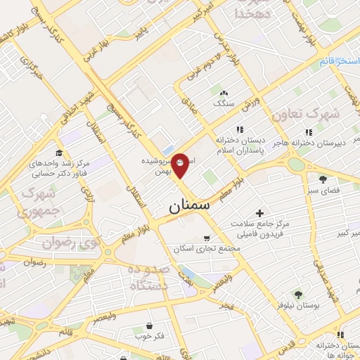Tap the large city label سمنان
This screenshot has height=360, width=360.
(x=190, y=207)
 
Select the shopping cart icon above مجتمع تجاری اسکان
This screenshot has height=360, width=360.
(x=205, y=238)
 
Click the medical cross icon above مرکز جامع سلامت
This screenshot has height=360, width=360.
(x=259, y=212)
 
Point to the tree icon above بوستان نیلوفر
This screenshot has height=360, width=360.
(x=298, y=294)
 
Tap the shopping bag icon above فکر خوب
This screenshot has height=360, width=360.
(x=150, y=326)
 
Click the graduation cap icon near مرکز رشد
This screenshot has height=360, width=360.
(x=59, y=153)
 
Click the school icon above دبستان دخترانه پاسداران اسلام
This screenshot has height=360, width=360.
(x=239, y=129)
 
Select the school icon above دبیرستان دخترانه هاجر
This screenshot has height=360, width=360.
(x=308, y=132)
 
